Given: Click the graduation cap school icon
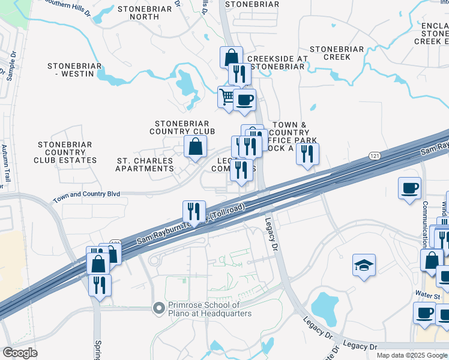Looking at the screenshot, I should click(364, 266).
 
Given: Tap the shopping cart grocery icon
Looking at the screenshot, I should click(228, 97).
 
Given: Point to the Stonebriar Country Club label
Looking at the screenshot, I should click(182, 127).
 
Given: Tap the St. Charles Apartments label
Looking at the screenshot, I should click(145, 165).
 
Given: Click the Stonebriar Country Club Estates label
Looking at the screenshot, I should click(65, 152).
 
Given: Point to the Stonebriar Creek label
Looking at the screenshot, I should click(337, 53).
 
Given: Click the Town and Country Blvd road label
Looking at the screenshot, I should click(86, 195).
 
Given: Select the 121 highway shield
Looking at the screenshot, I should click(373, 155).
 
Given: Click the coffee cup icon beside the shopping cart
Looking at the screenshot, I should click(244, 100).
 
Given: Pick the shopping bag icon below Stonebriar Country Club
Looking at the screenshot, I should click(195, 146).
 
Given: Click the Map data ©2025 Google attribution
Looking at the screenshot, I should click(412, 355).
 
